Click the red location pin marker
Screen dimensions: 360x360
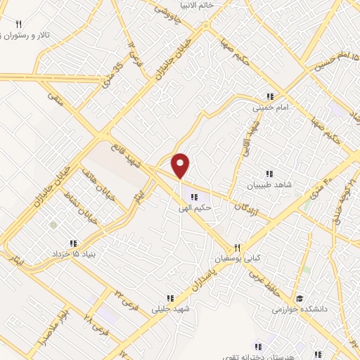coord(181,165)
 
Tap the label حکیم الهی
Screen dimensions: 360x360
coord(195,208)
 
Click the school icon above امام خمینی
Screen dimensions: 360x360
coord(269,97)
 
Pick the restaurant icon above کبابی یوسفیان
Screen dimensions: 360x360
coord(237,247)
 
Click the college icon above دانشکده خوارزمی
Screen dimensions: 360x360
coord(300,299)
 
